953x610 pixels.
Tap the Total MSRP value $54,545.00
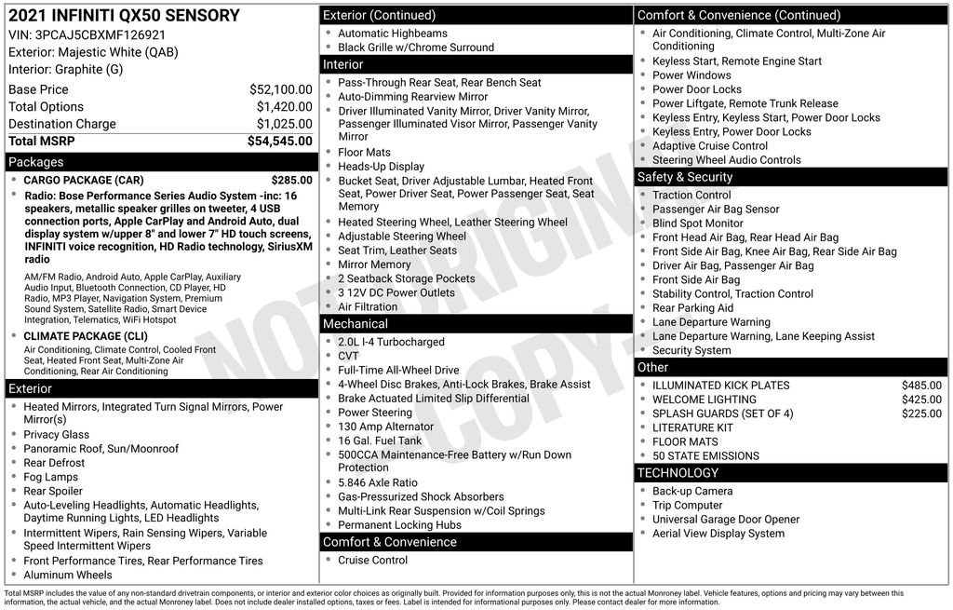[279, 141]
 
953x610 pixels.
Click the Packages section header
[36, 162]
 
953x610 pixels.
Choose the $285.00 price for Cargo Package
[291, 180]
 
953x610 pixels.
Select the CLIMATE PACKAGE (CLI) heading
[86, 336]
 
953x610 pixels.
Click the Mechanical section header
[355, 324]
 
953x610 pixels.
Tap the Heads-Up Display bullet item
[381, 167]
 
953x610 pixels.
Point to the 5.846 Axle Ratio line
[378, 482]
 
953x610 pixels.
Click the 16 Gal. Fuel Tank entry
[380, 441]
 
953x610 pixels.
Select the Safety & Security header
[685, 177]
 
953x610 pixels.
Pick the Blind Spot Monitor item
[697, 224]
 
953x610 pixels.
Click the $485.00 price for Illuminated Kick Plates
[921, 386]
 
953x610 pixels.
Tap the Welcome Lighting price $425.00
[921, 400]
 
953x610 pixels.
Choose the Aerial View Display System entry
[718, 534]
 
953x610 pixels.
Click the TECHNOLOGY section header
[678, 473]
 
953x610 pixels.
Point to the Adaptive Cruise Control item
[710, 146]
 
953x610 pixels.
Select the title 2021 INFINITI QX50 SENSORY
[124, 16]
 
